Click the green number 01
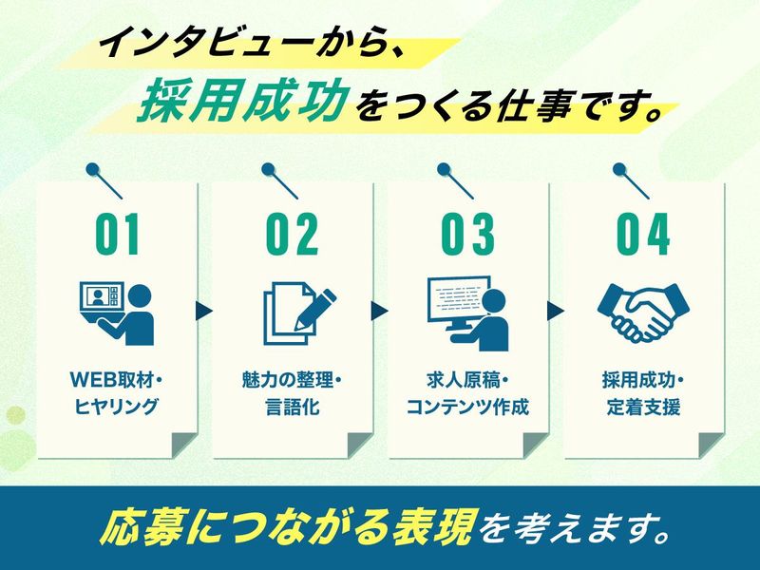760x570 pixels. tap(117, 235)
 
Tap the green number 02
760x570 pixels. tap(293, 235)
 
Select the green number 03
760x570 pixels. tap(467, 235)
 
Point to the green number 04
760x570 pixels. tap(643, 235)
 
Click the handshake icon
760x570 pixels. tap(643, 313)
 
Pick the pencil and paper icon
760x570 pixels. tap(299, 316)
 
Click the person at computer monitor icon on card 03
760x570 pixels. tap(468, 313)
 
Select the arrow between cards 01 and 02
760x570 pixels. tap(204, 312)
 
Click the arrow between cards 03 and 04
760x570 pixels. tap(556, 312)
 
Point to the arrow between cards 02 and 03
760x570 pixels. tap(379, 312)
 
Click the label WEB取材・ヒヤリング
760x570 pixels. tap(116, 393)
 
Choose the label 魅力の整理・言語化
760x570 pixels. tap(293, 393)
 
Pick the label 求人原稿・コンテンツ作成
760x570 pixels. tap(467, 393)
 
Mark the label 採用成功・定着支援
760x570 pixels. tap(643, 393)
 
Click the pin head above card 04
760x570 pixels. tap(619, 170)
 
